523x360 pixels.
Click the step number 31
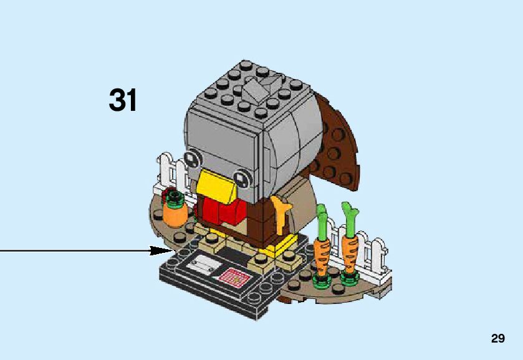click(123, 100)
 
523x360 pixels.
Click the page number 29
click(497, 339)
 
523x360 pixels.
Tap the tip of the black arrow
click(168, 250)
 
